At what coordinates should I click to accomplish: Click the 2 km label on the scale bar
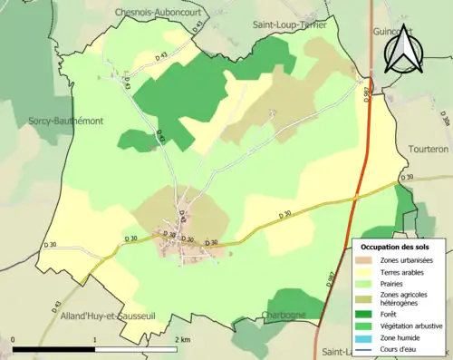[x=179, y=339]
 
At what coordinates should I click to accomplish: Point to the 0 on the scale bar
[x=14, y=339]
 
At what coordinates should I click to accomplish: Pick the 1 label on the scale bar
[x=95, y=339]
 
